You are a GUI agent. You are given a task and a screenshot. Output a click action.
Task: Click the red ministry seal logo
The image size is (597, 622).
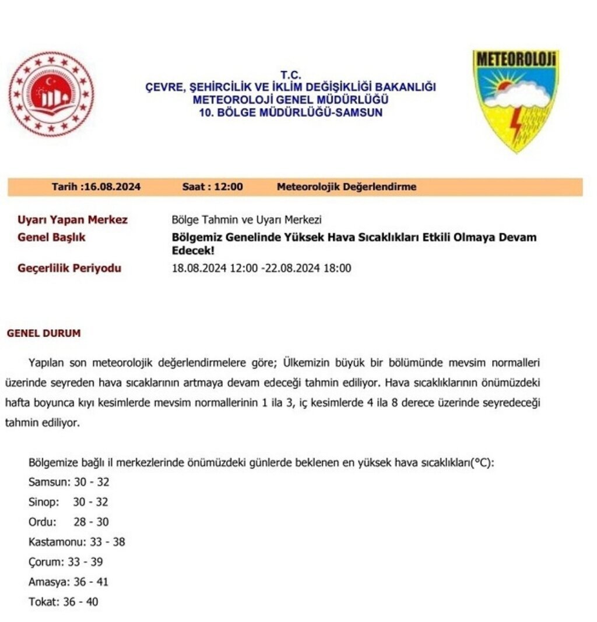click(x=51, y=94)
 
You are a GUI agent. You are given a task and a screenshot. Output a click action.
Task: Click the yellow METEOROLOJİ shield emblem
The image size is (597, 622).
click(x=515, y=99)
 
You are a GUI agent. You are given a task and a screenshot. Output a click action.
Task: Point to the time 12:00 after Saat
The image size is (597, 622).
click(x=229, y=187)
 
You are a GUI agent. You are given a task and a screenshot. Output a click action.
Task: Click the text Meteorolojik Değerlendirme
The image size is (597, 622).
click(x=346, y=187)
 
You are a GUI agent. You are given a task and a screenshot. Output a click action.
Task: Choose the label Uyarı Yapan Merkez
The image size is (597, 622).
click(x=73, y=220)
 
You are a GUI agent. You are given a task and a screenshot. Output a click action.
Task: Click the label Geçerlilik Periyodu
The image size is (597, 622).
click(x=70, y=268)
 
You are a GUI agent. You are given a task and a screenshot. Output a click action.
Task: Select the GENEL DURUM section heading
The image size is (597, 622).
click(x=44, y=334)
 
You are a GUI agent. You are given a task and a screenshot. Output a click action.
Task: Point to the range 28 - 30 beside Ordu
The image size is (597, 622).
click(x=91, y=522)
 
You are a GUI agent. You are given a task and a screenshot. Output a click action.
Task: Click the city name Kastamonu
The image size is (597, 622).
click(x=57, y=542)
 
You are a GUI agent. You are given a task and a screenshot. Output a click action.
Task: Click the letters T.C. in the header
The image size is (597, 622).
click(x=290, y=75)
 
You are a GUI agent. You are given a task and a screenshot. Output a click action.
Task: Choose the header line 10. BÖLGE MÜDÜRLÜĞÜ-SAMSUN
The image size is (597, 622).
click(x=290, y=112)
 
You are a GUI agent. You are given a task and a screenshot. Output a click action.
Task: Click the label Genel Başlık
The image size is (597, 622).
click(x=52, y=238)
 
